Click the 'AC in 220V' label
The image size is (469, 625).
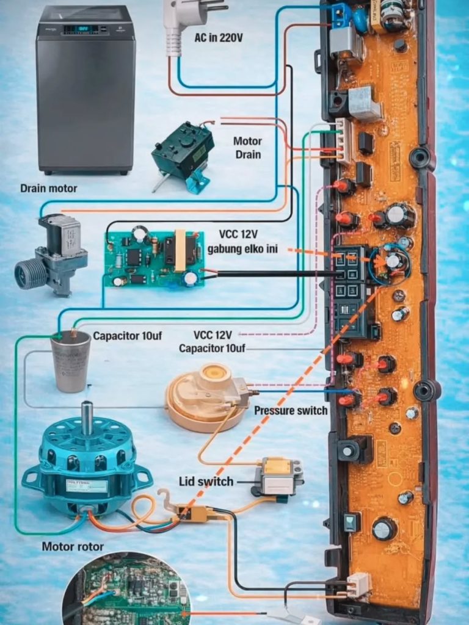(218, 38)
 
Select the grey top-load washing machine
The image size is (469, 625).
(85, 89)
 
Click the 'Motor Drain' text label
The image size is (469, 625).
(247, 148)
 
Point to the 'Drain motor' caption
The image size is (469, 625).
(49, 189)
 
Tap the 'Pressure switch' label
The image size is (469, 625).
(291, 410)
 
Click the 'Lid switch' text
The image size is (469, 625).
(206, 482)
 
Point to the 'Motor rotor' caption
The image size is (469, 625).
(73, 546)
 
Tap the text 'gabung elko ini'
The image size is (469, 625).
(244, 249)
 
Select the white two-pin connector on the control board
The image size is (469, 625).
(358, 585)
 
